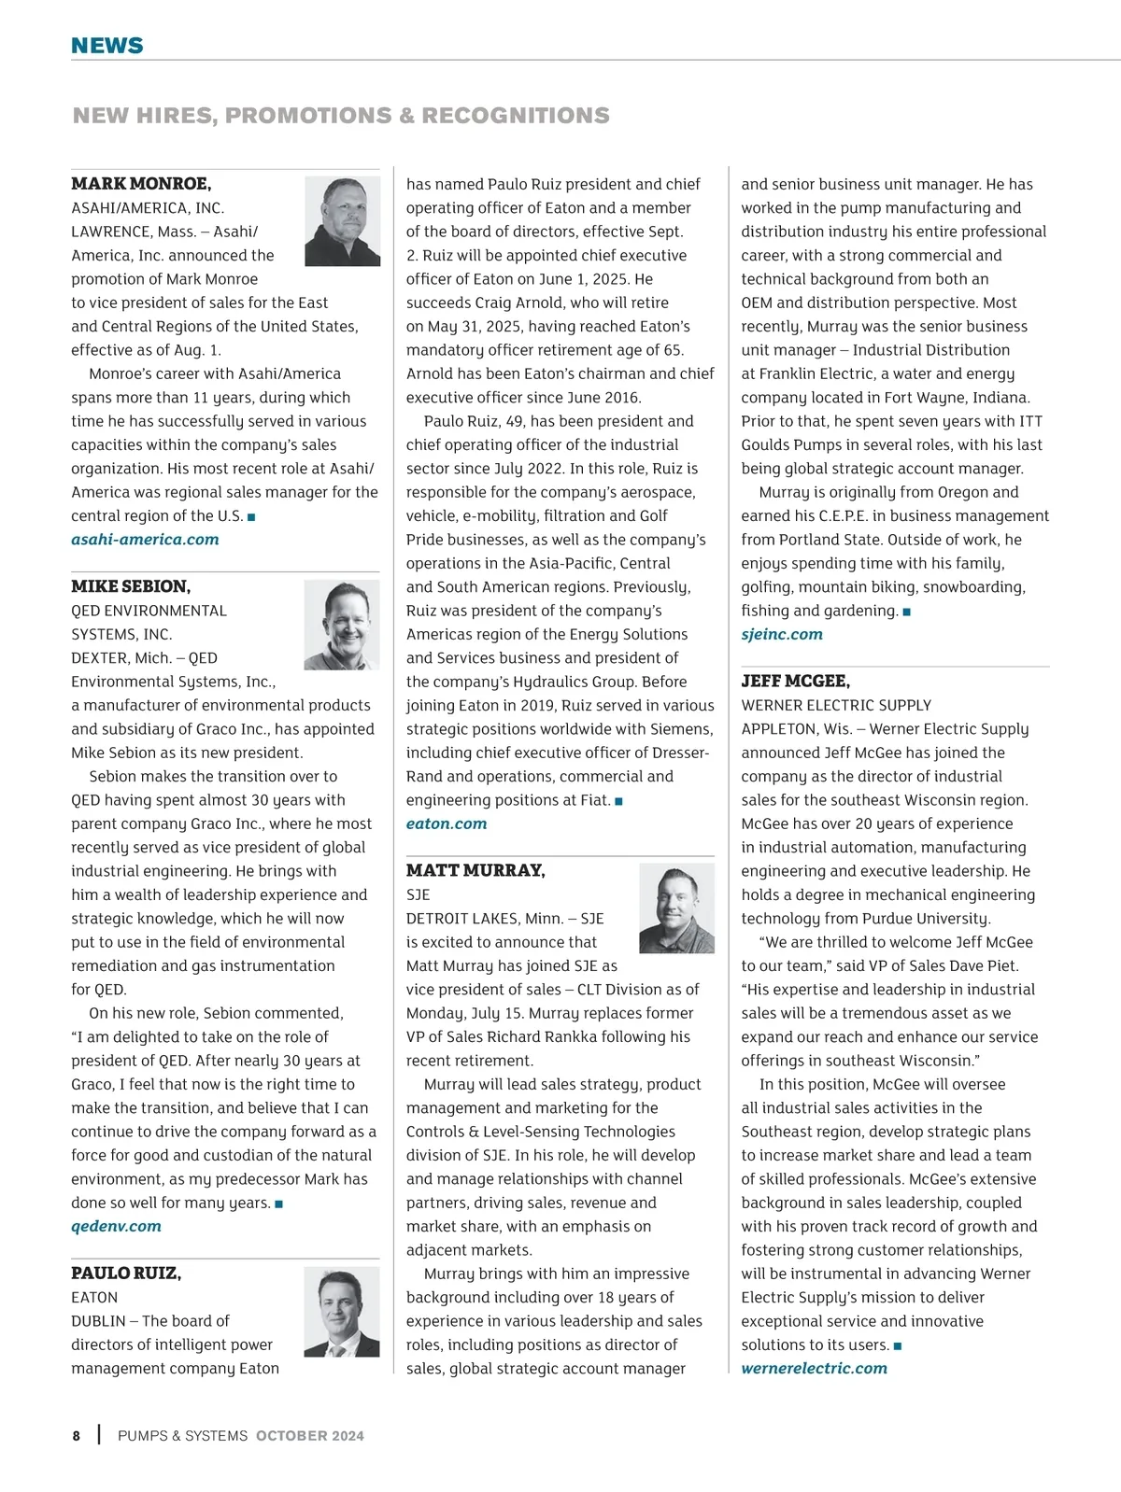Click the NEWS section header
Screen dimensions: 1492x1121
[x=107, y=46]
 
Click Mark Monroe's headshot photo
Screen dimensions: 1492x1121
[x=342, y=221]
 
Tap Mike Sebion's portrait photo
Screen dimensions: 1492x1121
[x=342, y=625]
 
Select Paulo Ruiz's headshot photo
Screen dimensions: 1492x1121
[x=342, y=1311]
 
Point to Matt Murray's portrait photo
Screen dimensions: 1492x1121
[x=676, y=908]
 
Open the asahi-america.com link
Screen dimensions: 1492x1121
[x=145, y=540]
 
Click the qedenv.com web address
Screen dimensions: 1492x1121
[x=116, y=1226]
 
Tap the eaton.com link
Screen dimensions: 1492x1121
[x=447, y=823]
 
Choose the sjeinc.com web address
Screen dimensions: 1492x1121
[x=782, y=634]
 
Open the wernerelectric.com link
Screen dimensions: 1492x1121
[x=814, y=1368]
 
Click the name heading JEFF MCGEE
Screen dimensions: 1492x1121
[x=795, y=681]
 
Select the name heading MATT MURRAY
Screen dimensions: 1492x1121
[x=475, y=870]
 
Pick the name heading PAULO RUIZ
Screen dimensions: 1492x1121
[x=126, y=1273]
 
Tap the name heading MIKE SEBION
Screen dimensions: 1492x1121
[x=131, y=586]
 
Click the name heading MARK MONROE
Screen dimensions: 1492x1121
[x=141, y=183]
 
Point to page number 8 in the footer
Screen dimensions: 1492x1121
[x=77, y=1436]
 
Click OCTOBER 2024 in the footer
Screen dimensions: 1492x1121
[x=310, y=1436]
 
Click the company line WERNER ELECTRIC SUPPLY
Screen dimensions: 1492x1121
[x=836, y=705]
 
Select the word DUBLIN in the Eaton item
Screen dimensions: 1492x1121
[x=98, y=1321]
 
